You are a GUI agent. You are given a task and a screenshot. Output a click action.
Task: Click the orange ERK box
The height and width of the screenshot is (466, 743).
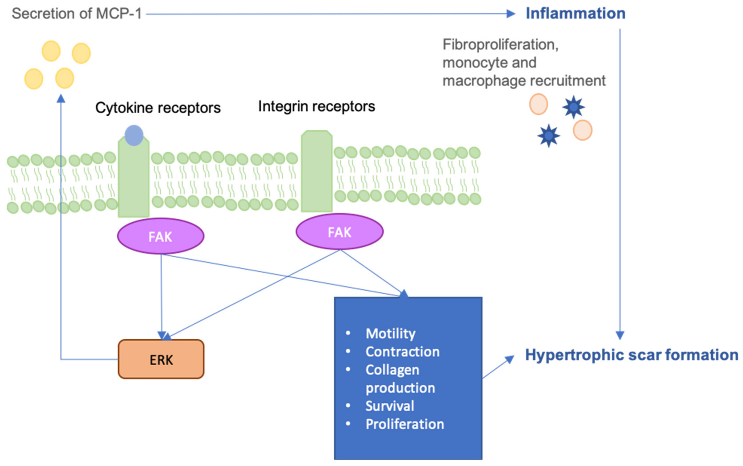click(x=161, y=359)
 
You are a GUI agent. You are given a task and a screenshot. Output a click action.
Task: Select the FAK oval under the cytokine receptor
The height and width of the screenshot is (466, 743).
click(x=161, y=236)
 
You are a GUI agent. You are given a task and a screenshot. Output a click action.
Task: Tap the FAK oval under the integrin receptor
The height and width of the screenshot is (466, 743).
click(x=340, y=232)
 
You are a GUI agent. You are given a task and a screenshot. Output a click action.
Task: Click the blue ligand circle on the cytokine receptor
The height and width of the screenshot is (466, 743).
click(x=134, y=135)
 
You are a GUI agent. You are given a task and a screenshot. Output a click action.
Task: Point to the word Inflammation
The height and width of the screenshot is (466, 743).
click(x=575, y=14)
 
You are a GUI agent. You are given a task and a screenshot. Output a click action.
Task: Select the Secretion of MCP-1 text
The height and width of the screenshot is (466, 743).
click(x=77, y=14)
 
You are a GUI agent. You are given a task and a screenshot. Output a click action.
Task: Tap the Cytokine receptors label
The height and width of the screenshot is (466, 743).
click(x=158, y=108)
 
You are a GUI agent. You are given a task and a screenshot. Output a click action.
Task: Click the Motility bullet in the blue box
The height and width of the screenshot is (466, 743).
click(x=390, y=333)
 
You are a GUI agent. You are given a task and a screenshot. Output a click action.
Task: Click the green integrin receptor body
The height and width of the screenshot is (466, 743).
click(x=316, y=171)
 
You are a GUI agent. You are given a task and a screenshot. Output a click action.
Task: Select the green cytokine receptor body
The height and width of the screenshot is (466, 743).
click(x=134, y=177)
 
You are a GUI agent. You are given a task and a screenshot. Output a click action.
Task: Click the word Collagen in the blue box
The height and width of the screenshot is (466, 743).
click(x=392, y=370)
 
